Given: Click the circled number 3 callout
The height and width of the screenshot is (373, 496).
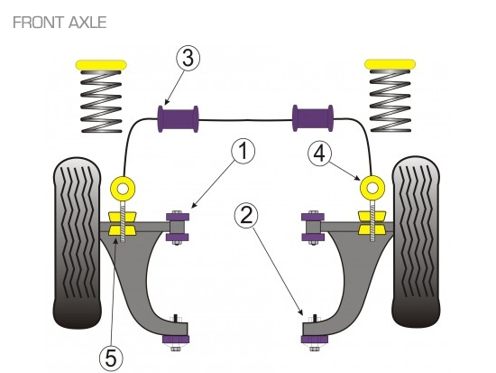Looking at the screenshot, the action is pos(188,59).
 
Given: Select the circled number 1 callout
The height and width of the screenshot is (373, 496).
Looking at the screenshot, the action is pos(243,151).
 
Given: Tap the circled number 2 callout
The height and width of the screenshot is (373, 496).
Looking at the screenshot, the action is pos(246,216).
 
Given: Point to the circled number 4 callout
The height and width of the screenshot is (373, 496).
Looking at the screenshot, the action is pos(320,154).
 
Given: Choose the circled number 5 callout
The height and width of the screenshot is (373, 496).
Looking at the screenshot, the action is pos(111,359).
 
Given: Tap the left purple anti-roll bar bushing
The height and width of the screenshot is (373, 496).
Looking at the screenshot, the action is pos(178,119).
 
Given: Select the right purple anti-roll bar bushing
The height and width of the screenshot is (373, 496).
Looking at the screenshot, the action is pos(313,118).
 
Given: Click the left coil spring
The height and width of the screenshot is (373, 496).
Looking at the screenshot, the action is pos(101,101).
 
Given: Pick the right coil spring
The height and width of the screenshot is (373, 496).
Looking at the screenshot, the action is pos(390,101).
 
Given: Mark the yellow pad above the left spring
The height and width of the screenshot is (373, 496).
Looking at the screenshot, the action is pos(101,65).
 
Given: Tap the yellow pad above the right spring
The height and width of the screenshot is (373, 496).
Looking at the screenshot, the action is pos(390,64).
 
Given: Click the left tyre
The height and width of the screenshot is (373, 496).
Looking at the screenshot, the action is pos(78,242).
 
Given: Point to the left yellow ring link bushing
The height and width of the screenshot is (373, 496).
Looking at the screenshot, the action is pos(123,189).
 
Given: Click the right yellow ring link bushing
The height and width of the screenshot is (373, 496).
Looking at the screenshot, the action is pos(372,188).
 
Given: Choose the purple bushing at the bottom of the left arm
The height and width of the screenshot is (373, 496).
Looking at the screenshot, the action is pos(176,339).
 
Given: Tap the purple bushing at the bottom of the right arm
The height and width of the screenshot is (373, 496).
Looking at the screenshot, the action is pos(314,339).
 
